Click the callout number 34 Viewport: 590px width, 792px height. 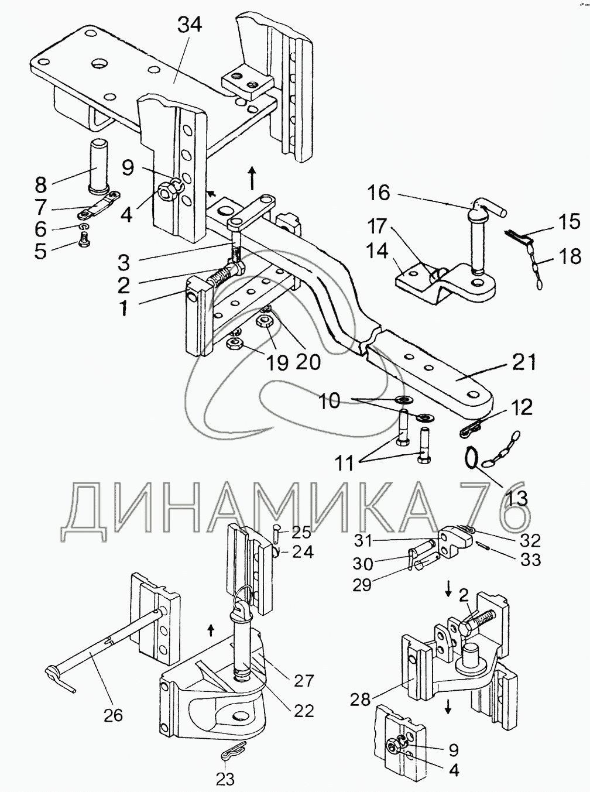point(190,26)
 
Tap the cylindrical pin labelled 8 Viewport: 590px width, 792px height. point(97,167)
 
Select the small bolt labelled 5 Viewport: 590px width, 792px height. point(83,238)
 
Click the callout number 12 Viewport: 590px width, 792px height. point(521,407)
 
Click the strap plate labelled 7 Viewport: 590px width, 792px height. point(99,205)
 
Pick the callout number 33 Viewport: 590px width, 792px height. point(530,560)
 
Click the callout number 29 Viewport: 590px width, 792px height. point(362,585)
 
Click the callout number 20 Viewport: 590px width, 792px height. point(307,361)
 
